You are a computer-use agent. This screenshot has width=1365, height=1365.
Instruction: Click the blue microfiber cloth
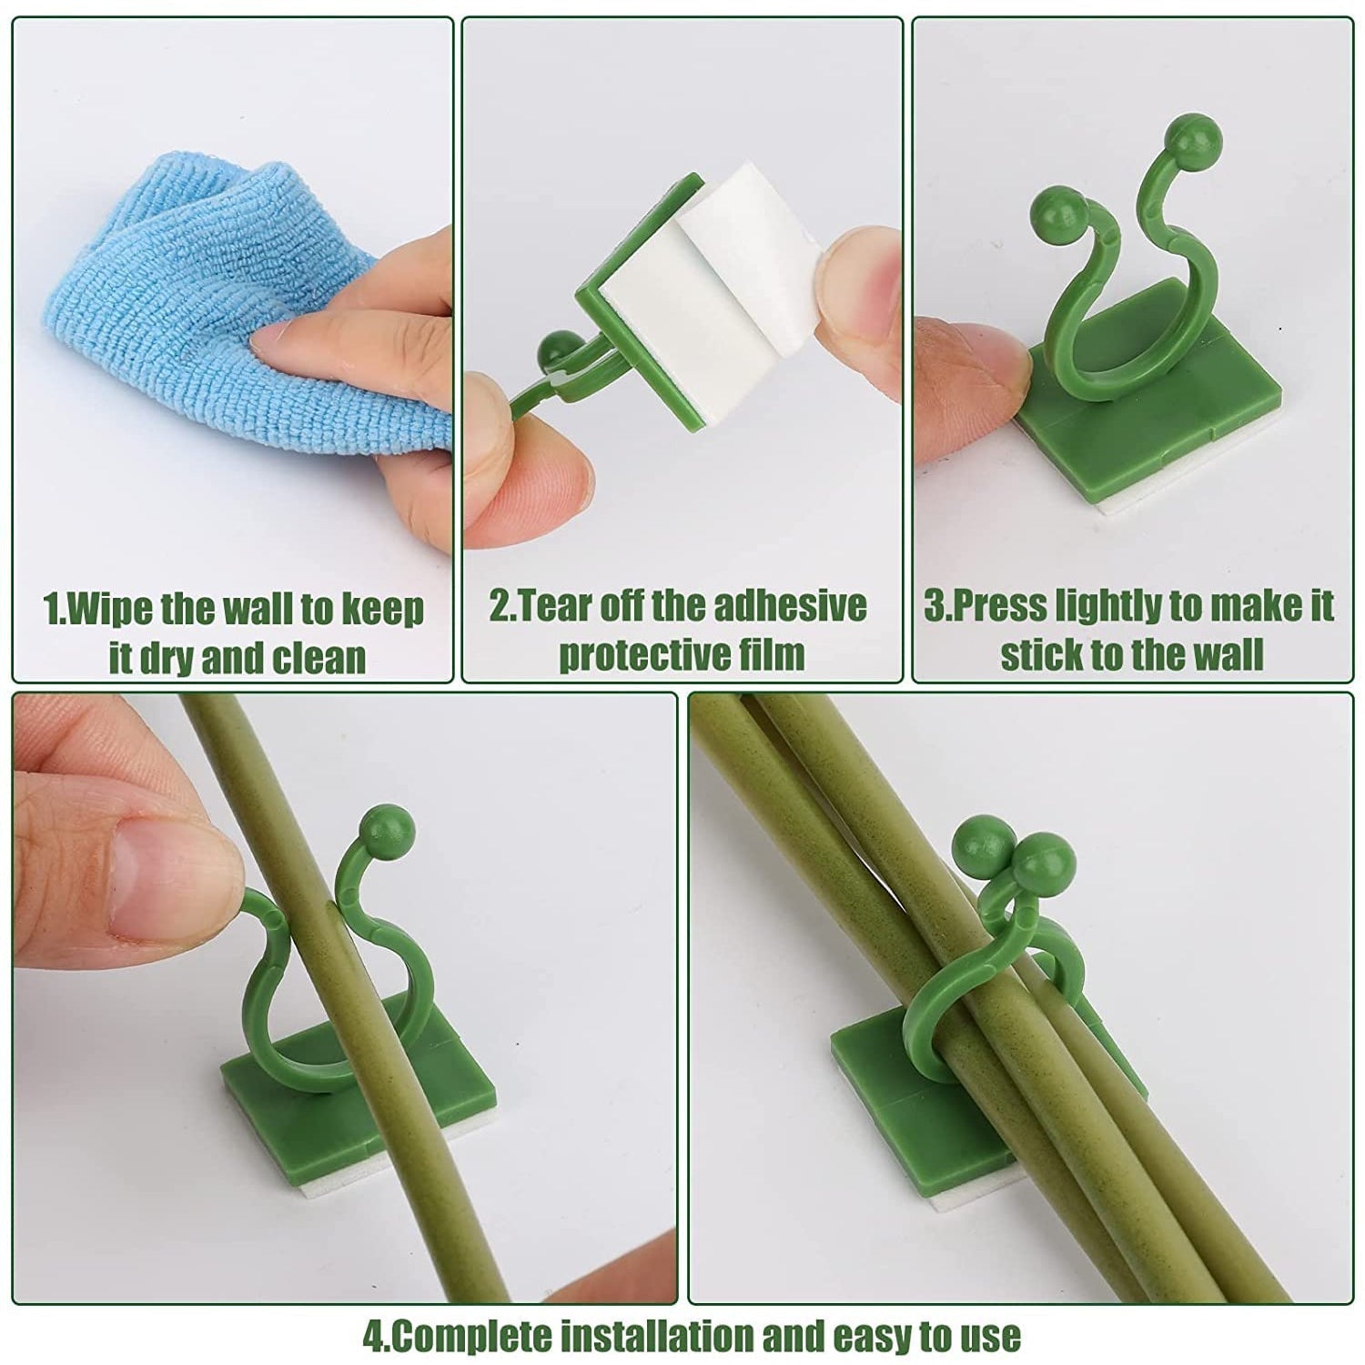pyautogui.click(x=182, y=300)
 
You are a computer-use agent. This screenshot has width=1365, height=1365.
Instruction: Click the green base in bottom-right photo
pyautogui.click(x=874, y=1074)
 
